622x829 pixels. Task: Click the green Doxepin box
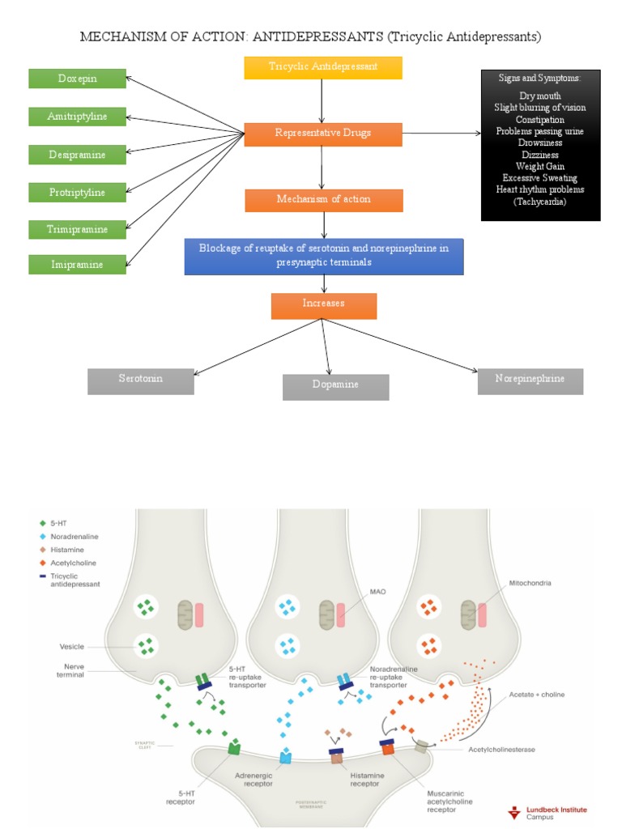(x=78, y=79)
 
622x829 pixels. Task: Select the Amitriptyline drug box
(x=78, y=117)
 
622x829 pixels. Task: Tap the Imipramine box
(x=78, y=264)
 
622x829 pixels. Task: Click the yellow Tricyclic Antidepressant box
(x=323, y=66)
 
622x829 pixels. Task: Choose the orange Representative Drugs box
(x=323, y=134)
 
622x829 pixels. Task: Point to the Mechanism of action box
(x=323, y=199)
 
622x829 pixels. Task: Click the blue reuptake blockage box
(x=323, y=256)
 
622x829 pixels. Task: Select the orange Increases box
(x=323, y=304)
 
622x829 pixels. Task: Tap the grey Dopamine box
(x=335, y=385)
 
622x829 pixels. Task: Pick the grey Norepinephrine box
(x=530, y=380)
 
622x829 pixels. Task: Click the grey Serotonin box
(x=141, y=380)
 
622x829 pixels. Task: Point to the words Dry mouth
(x=539, y=96)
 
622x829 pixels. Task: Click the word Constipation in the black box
(x=539, y=119)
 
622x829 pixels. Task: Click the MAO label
(x=377, y=592)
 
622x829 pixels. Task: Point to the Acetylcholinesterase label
(x=501, y=750)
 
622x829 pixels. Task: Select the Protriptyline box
(x=78, y=192)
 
